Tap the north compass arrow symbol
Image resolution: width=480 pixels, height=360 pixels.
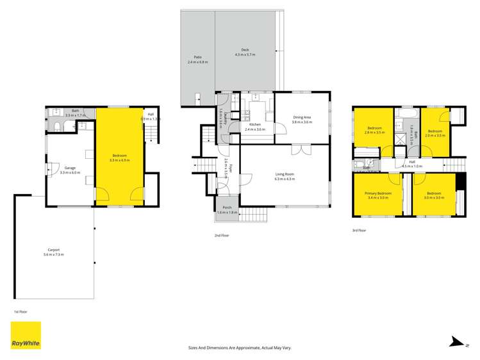click(x=456, y=342)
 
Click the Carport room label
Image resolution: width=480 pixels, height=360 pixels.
click(x=54, y=252)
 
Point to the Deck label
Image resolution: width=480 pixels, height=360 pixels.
click(x=245, y=53)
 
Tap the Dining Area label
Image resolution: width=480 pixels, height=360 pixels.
click(x=302, y=119)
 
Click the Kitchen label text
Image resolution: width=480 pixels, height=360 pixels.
click(x=254, y=127)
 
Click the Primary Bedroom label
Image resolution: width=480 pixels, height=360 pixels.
click(x=378, y=195)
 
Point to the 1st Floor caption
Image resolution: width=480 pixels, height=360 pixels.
click(x=21, y=312)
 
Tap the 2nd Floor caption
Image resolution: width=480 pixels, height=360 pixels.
click(x=222, y=235)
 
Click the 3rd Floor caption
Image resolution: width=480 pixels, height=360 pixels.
click(x=360, y=229)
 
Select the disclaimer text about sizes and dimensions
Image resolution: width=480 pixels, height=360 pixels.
click(x=240, y=347)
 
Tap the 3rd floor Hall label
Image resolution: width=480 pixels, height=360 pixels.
click(x=412, y=164)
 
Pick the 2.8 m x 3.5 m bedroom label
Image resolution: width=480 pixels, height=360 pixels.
click(x=375, y=131)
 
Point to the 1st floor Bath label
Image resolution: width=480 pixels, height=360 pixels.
click(x=75, y=112)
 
